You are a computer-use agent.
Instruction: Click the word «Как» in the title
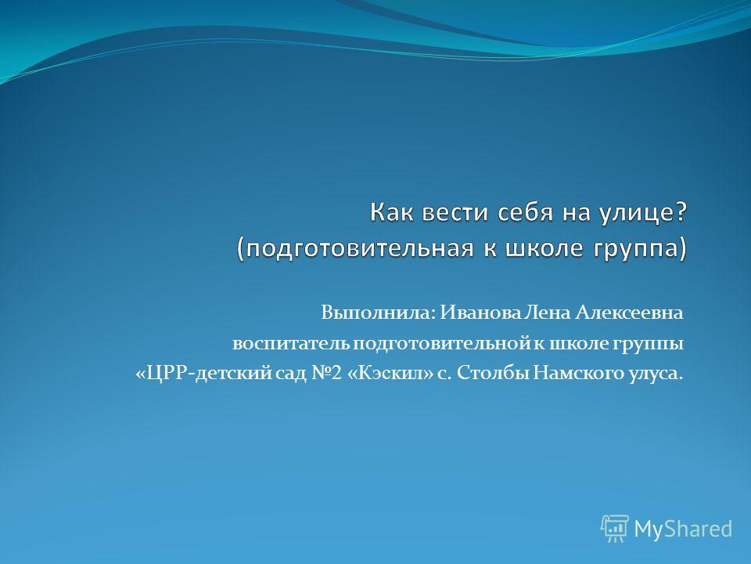point(391,212)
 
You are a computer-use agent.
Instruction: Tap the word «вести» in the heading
point(455,212)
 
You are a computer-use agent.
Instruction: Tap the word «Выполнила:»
point(379,313)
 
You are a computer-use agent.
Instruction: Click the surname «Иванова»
point(480,313)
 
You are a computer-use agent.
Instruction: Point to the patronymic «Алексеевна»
point(629,313)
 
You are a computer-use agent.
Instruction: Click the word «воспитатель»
point(291,344)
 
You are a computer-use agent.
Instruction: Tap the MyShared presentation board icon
point(615,529)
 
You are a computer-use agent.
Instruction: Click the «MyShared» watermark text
point(683,529)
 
